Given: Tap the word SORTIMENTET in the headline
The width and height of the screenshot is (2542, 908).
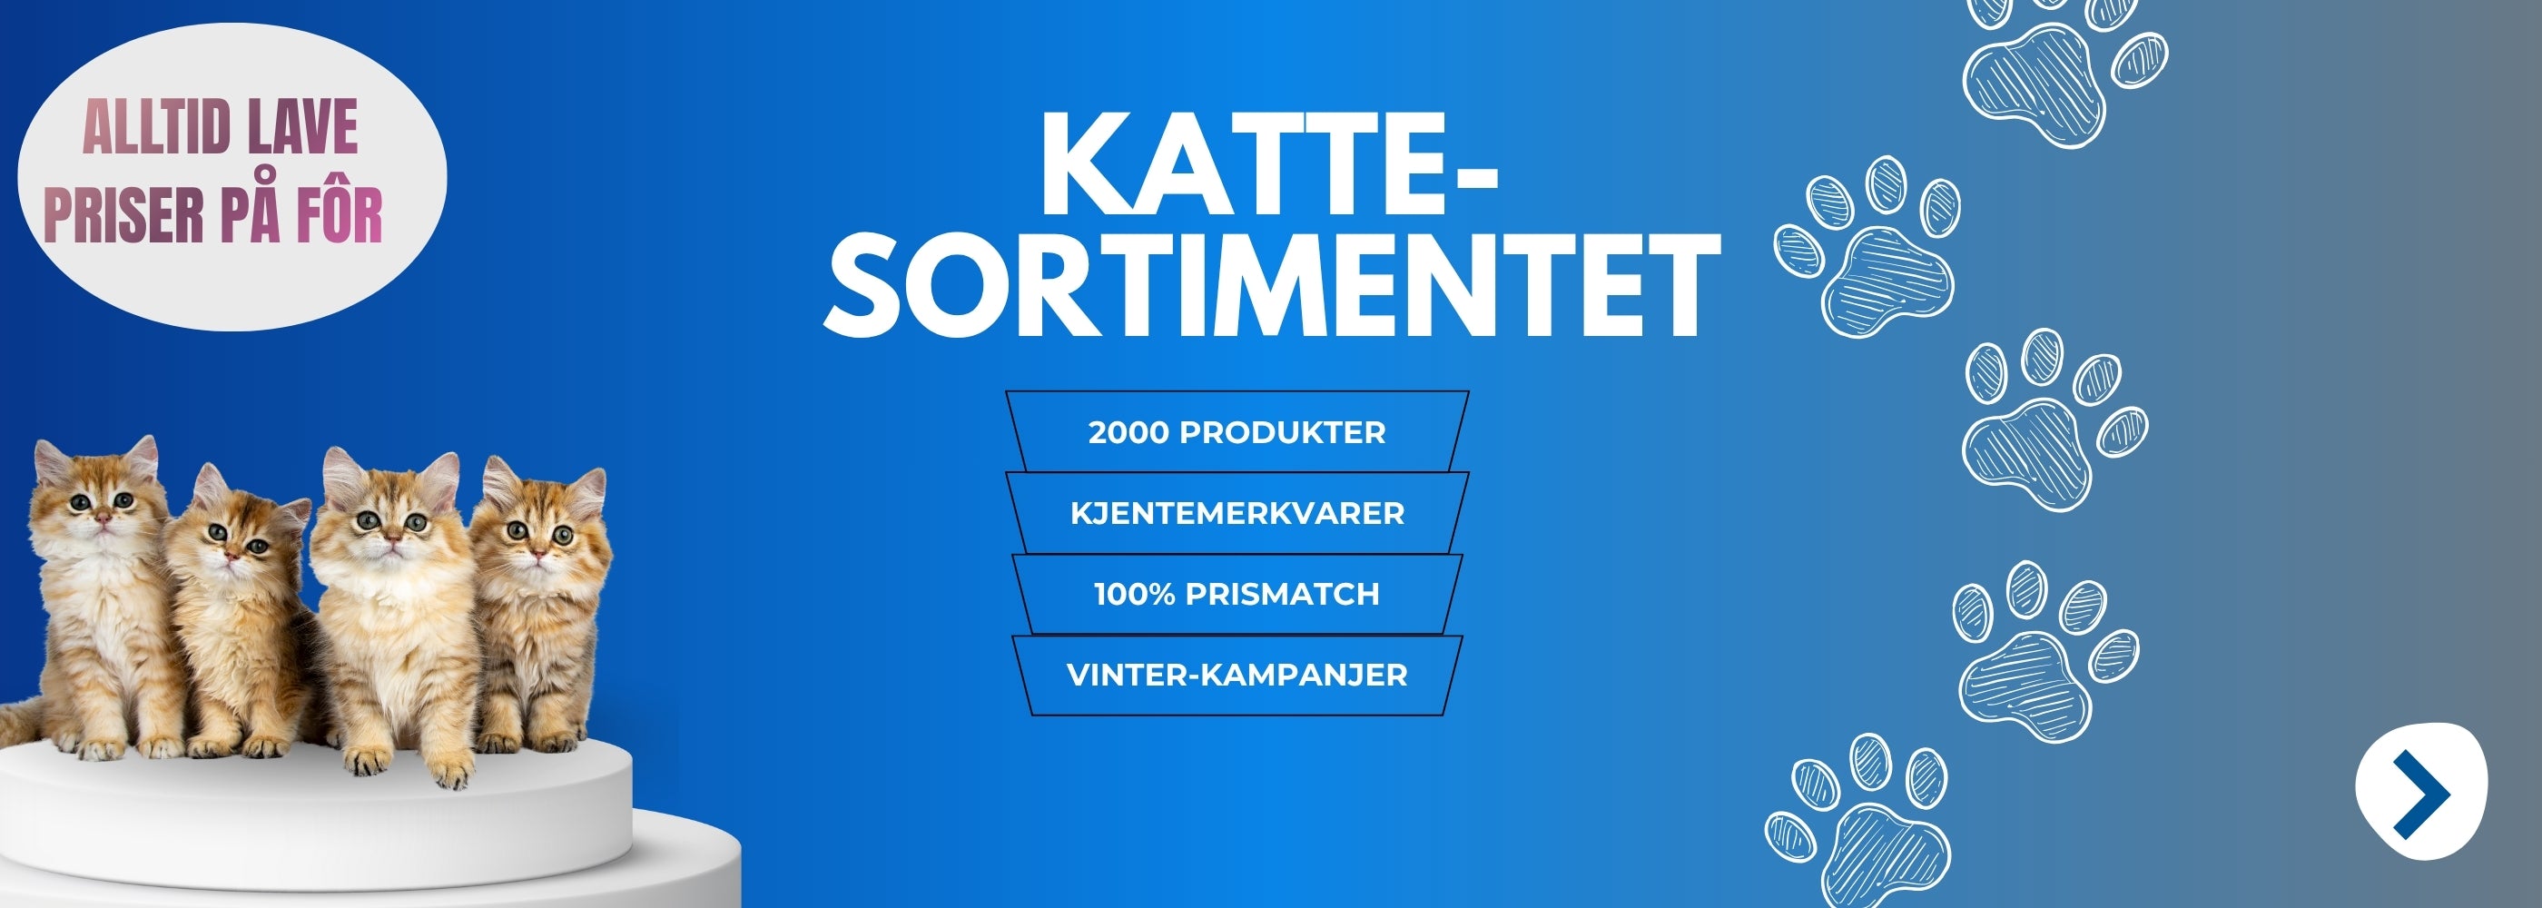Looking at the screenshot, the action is point(1272,286).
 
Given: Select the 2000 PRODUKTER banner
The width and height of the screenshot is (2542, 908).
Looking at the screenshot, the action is point(1237,431).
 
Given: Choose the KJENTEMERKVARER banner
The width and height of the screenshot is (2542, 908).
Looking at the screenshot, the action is point(1237,513).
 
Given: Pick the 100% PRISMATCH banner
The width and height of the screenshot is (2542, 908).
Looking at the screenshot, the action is point(1237,594).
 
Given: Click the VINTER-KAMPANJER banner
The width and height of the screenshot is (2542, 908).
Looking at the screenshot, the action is point(1237,675).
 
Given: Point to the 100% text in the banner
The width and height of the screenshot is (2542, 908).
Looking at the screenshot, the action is point(1135,594).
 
